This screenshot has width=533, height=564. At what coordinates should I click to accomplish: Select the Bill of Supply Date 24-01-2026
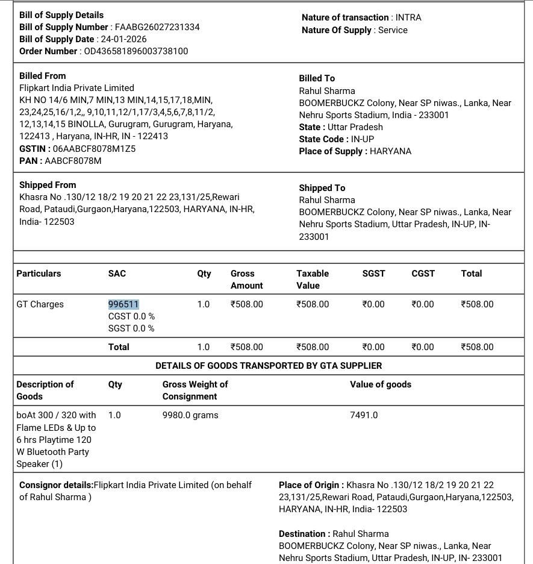tap(123, 39)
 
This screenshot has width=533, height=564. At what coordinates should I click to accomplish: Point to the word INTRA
tap(408, 17)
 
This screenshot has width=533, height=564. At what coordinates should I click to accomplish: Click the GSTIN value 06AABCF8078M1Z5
tap(94, 149)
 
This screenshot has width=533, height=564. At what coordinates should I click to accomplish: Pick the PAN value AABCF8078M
tap(73, 161)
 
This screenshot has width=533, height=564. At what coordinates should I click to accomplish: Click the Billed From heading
tap(43, 76)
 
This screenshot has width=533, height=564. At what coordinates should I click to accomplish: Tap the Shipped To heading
tap(322, 188)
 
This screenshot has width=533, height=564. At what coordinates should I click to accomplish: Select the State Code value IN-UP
tap(363, 139)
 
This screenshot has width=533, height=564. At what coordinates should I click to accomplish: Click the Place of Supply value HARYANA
tap(391, 151)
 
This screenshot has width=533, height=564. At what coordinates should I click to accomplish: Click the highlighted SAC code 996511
tap(123, 304)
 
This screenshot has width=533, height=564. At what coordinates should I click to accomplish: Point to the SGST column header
tap(373, 274)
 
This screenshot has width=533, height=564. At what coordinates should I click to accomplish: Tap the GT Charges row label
tap(40, 304)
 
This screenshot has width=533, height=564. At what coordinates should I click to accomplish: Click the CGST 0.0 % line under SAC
tap(131, 316)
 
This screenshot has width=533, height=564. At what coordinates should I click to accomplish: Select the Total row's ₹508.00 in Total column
tap(477, 347)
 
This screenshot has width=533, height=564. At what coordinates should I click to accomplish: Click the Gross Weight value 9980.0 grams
tap(190, 415)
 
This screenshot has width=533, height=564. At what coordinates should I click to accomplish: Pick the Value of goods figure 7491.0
tap(364, 415)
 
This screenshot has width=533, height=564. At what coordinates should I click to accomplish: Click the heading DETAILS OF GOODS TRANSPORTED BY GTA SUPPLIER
tap(269, 366)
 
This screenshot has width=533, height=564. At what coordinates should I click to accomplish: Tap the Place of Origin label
tap(311, 485)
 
